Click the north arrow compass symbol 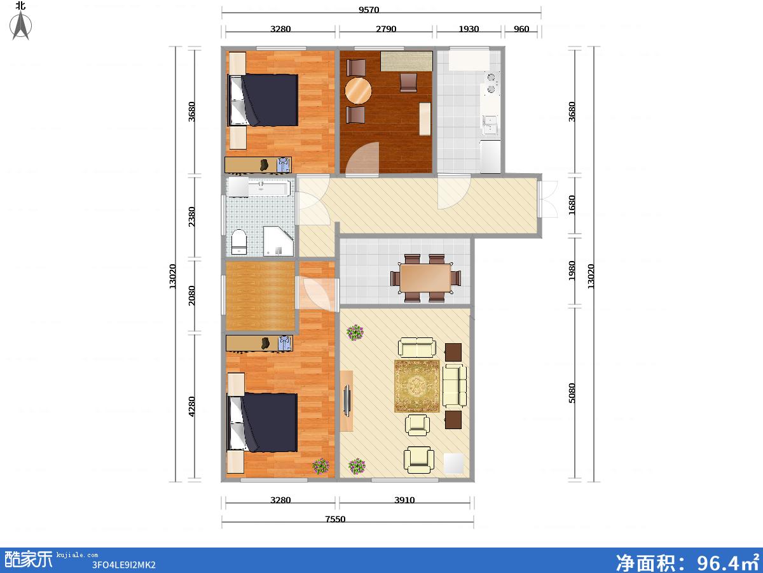[21, 25]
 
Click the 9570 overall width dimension [369, 10]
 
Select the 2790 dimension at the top [386, 29]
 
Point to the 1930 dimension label [469, 29]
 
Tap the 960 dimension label [521, 29]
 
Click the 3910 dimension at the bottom [404, 500]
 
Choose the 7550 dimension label [335, 519]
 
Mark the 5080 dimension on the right [572, 393]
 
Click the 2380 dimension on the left [191, 216]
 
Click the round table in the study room [358, 90]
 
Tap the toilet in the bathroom [239, 242]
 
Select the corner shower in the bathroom [278, 241]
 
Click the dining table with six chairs [425, 278]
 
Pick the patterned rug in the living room [416, 386]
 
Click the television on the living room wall [347, 400]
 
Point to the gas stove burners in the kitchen [491, 83]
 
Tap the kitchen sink [490, 125]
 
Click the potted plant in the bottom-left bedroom [320, 466]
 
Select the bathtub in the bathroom [270, 188]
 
